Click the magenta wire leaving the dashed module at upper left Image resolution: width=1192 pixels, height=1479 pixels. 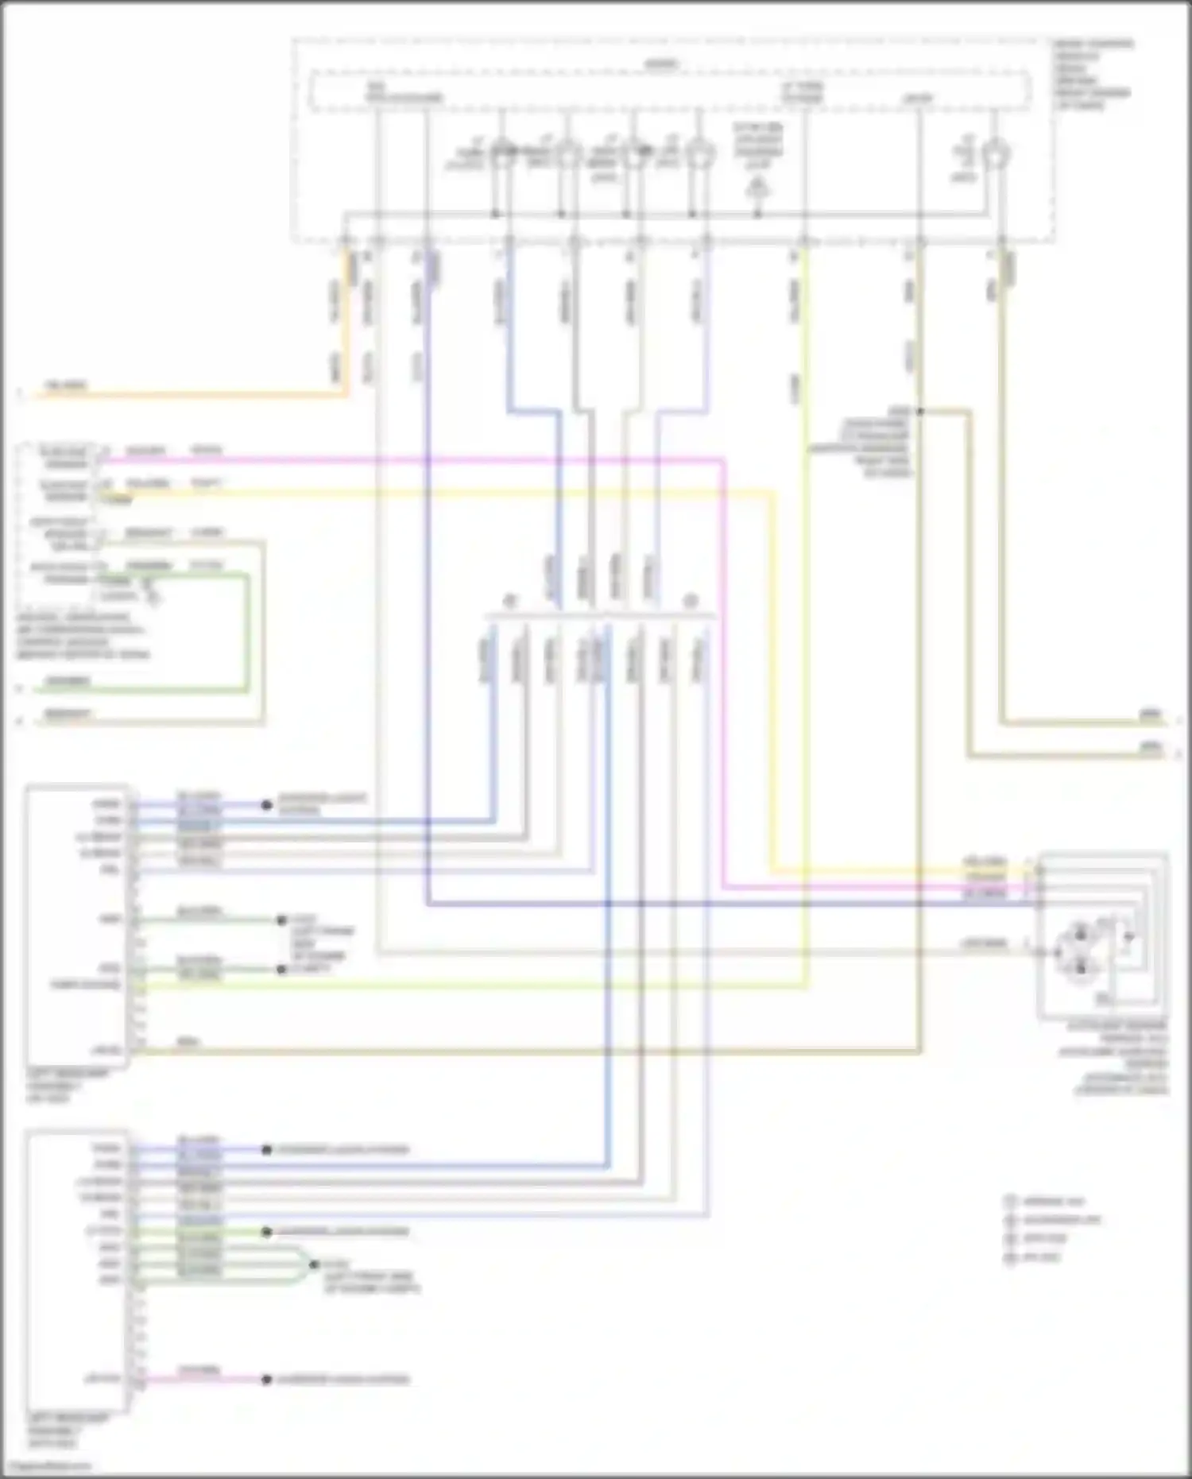click(397, 459)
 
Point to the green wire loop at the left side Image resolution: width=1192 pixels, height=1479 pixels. click(246, 636)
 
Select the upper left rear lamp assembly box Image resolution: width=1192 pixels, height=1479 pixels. click(77, 926)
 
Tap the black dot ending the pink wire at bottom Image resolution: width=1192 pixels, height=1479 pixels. click(267, 1380)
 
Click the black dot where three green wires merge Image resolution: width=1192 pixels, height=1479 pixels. click(312, 1264)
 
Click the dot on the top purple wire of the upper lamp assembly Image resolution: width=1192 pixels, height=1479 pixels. click(267, 805)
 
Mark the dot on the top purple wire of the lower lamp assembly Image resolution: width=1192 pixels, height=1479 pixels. click(267, 1150)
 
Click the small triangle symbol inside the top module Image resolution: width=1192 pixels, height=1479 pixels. click(758, 188)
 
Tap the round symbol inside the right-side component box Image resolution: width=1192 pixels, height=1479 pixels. click(1081, 950)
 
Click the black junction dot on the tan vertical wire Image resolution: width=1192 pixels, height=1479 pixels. click(919, 412)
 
